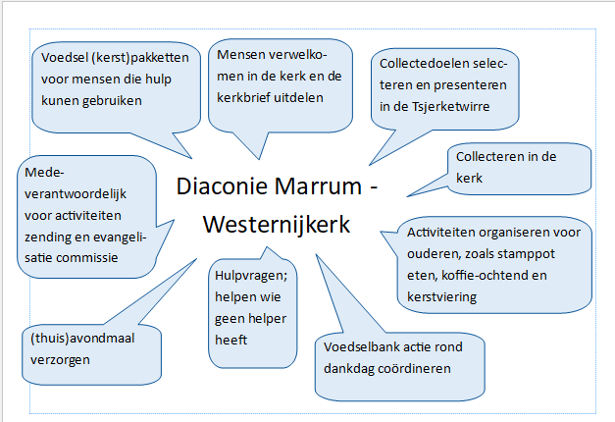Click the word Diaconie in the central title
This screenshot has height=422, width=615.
pos(222,185)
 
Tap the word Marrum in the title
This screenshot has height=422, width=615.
pos(318,185)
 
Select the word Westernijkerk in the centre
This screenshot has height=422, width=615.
pos(277,225)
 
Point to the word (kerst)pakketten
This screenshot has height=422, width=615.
pos(140,58)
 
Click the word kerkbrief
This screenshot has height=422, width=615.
pos(243,97)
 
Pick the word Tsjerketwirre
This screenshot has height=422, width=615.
pos(450,107)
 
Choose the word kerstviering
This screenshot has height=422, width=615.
pos(441,297)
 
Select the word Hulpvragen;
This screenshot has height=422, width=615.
pos(251,276)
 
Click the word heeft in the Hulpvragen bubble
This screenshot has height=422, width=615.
pos(231,340)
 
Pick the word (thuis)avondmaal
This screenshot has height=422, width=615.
pos(82,339)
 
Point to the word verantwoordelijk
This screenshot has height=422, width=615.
pos(76,194)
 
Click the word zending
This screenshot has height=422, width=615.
pos(46,237)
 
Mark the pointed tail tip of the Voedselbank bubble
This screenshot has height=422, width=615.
pos(316,255)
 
